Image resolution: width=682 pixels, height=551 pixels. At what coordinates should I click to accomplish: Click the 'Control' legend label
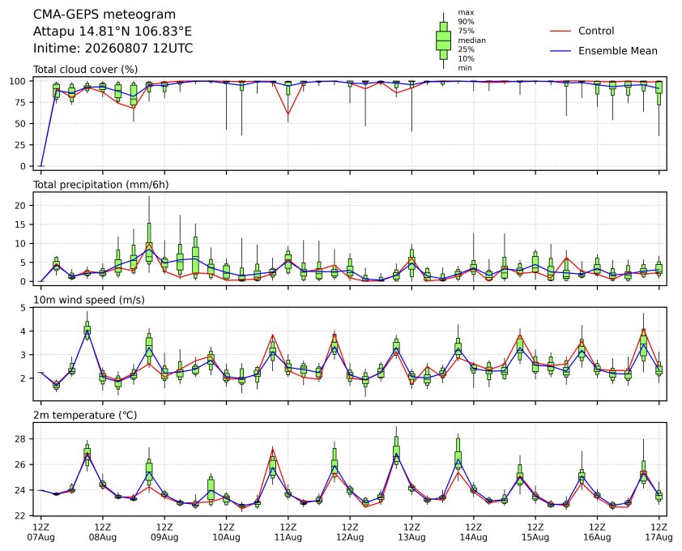[x=596, y=31]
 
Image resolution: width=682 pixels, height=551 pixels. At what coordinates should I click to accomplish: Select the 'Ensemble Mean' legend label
[x=618, y=51]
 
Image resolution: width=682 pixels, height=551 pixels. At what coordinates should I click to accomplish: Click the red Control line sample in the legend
[x=561, y=32]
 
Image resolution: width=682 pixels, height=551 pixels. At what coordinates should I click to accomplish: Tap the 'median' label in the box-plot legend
[x=471, y=40]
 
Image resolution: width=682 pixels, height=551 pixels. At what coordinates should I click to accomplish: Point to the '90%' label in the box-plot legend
[x=466, y=21]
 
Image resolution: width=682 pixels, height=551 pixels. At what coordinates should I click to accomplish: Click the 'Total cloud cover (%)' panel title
[x=86, y=70]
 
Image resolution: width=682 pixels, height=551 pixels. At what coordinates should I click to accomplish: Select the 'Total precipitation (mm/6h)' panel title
[x=101, y=185]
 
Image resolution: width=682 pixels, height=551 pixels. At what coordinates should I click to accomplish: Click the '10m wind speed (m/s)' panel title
[x=89, y=300]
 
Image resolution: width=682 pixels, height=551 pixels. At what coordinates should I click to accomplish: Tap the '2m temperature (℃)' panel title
[x=85, y=415]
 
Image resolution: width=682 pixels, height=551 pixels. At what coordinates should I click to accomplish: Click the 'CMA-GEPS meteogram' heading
[x=104, y=15]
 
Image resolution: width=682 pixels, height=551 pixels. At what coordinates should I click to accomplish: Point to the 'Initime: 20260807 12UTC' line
[x=113, y=48]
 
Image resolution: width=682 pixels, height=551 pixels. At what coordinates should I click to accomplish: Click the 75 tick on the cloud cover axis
[x=20, y=102]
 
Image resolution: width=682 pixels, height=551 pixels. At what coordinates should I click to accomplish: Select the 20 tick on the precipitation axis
[x=20, y=206]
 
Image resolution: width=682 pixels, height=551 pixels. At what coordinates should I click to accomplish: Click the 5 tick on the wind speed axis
[x=23, y=308]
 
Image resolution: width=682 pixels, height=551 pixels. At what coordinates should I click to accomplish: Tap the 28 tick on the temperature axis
[x=20, y=439]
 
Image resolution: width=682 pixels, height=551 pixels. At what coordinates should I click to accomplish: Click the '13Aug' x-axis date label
[x=411, y=537]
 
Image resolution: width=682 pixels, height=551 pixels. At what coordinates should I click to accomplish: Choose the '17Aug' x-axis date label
[x=659, y=537]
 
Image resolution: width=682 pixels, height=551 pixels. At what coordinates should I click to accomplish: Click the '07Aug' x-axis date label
[x=40, y=537]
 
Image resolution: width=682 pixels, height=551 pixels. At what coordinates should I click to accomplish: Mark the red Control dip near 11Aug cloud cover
[x=288, y=114]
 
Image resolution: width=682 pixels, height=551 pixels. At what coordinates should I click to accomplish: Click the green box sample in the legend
[x=443, y=41]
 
